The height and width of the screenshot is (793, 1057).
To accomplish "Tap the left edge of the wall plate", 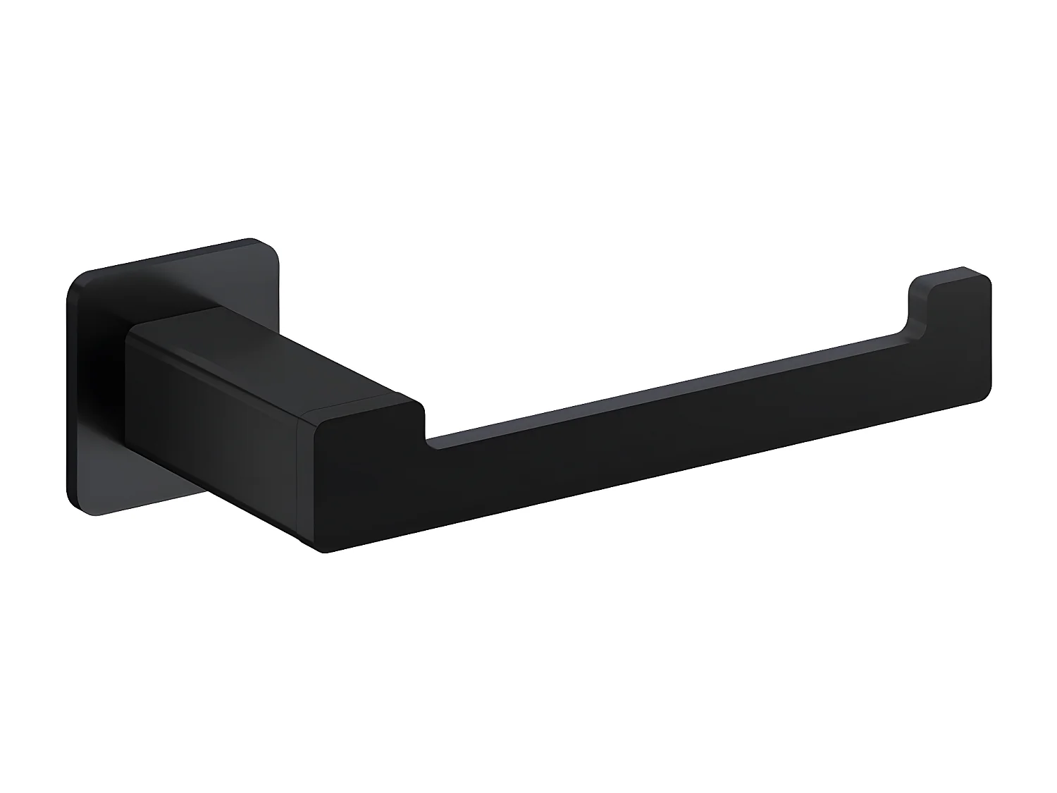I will coord(69,395).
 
